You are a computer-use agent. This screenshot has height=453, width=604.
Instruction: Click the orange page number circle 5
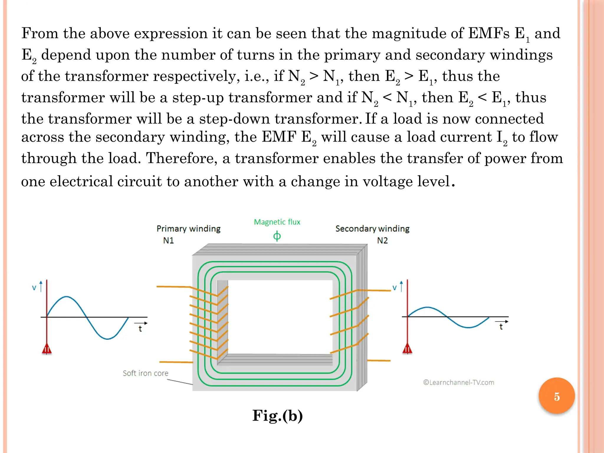(557, 396)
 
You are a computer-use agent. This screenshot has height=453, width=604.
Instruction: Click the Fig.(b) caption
(277, 416)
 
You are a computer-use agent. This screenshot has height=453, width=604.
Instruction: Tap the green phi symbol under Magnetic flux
(277, 236)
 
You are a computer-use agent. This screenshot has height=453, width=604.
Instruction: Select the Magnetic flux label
(277, 222)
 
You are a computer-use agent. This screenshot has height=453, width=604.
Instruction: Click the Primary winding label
(188, 229)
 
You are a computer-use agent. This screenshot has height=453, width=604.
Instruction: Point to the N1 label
(168, 240)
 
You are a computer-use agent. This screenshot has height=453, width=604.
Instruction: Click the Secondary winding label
(372, 229)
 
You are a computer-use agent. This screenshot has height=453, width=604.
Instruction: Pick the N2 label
(382, 240)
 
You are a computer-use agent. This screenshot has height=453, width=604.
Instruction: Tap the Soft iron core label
(145, 373)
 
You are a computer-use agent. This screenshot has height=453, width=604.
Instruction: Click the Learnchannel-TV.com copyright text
(459, 383)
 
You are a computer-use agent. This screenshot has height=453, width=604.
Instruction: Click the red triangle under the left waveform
(47, 349)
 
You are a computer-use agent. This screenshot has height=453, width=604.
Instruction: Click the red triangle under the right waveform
(407, 349)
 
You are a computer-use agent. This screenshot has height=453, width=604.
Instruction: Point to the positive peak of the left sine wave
(67, 297)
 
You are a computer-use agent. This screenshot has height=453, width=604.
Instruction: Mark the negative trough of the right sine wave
(468, 327)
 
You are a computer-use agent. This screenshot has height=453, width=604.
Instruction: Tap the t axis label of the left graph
(140, 329)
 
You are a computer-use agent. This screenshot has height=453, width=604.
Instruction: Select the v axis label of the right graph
(395, 288)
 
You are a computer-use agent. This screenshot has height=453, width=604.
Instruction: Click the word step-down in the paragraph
(234, 119)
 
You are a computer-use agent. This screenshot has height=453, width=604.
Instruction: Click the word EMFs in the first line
(489, 33)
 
